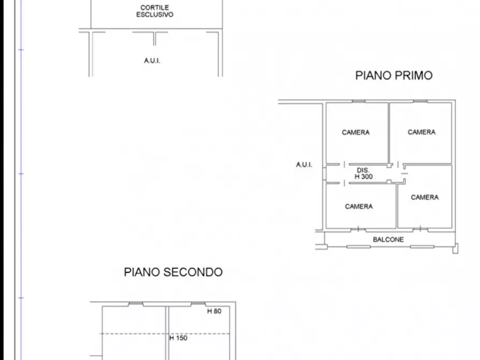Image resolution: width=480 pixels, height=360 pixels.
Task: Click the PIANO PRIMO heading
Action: tap(393, 76)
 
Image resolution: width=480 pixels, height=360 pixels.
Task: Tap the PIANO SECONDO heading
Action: tap(173, 272)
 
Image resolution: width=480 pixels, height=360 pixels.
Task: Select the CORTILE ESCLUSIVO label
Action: tap(154, 11)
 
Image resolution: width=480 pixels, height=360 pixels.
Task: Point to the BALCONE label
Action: tap(388, 240)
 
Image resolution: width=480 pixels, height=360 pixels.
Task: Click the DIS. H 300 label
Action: tap(363, 173)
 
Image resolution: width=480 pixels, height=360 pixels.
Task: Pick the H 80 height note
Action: tap(214, 311)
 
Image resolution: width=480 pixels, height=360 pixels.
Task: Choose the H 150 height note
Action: tap(178, 339)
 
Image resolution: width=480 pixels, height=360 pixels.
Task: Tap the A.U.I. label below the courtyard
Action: tap(152, 61)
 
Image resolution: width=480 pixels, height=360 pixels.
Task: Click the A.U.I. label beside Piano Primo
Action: tap(304, 165)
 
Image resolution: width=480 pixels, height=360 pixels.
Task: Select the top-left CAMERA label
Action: tap(356, 133)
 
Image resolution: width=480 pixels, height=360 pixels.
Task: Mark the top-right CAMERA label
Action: tap(421, 132)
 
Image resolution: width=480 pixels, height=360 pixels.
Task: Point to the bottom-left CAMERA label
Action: tap(359, 206)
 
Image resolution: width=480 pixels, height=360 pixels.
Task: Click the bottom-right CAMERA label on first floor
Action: tap(425, 198)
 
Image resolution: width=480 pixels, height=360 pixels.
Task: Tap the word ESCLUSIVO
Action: tap(154, 15)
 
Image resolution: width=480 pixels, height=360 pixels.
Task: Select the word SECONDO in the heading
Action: tap(196, 272)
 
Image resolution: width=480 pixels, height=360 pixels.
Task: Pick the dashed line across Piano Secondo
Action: tap(134, 334)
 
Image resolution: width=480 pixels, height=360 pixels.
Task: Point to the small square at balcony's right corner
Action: tap(456, 248)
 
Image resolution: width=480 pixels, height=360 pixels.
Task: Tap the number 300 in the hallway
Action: tap(367, 176)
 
